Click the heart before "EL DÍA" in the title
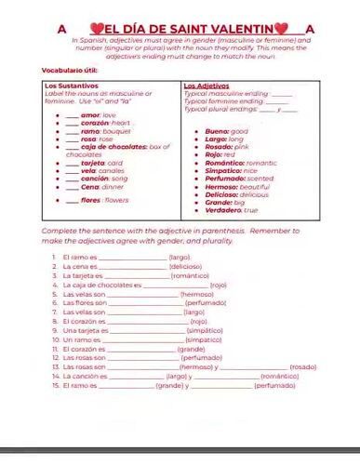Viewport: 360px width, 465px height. click(x=96, y=29)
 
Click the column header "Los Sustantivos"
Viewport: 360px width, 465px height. click(x=71, y=86)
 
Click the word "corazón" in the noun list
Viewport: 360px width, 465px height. click(x=94, y=123)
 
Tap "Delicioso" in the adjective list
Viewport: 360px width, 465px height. click(x=223, y=193)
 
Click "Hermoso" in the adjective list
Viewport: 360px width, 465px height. click(x=221, y=186)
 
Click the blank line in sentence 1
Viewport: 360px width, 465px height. click(x=131, y=256)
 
